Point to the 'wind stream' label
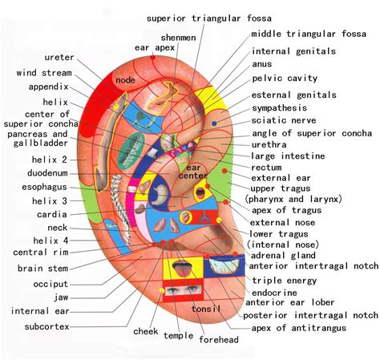point(45,73)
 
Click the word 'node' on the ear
point(126,80)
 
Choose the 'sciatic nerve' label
point(285,120)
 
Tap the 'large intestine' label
point(288,156)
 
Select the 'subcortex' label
point(46,326)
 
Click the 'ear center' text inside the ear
point(193,172)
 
